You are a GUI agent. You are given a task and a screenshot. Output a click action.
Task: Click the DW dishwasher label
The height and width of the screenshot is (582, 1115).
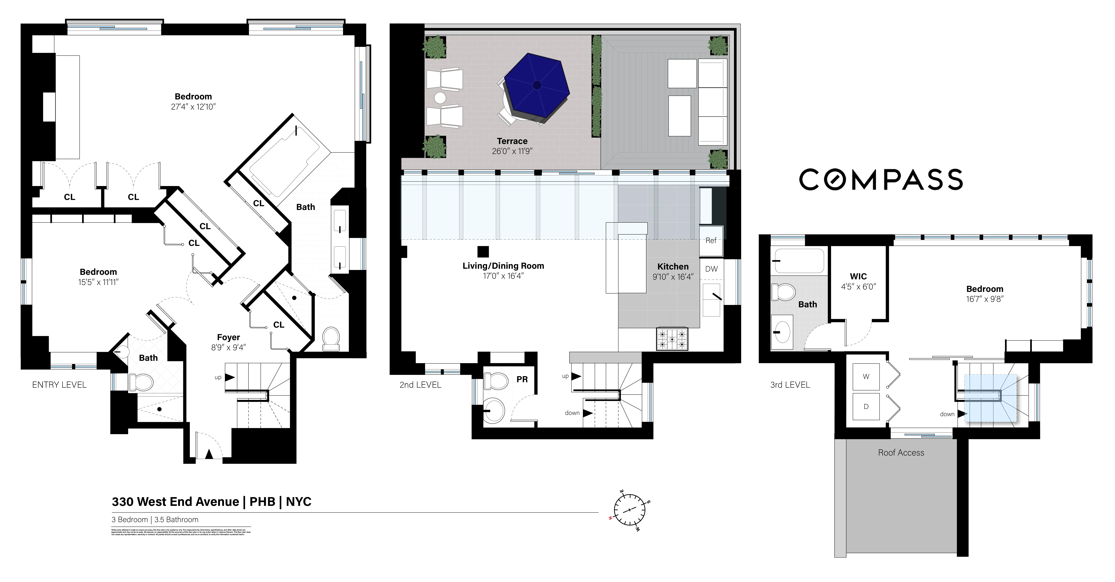[711, 269]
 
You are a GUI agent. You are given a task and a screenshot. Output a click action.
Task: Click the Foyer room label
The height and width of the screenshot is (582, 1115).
[228, 337]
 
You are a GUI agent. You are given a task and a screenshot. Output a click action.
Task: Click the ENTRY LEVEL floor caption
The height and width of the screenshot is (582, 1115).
[59, 385]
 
